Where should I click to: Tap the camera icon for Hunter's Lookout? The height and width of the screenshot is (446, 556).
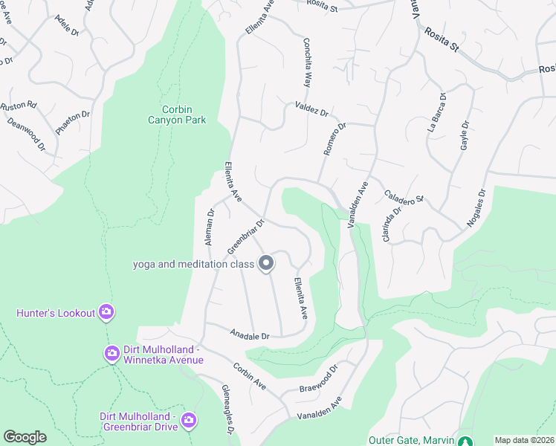[x=106, y=312]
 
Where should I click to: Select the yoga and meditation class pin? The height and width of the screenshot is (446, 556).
[x=266, y=263]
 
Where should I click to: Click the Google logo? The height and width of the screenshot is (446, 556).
[x=25, y=437]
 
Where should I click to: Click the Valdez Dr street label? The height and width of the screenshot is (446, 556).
[x=311, y=109]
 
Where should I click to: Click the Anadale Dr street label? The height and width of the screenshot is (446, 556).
[x=249, y=335]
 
